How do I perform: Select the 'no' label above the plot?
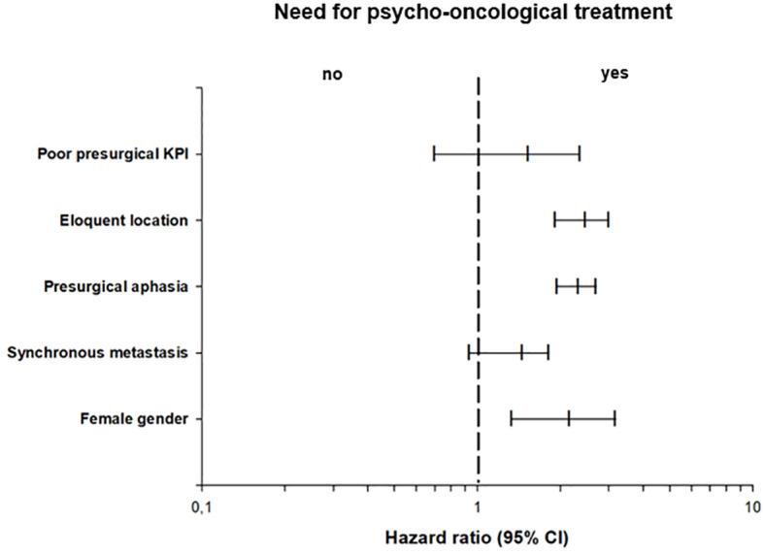333,75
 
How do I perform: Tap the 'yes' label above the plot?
615,74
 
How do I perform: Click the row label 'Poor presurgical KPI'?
113,154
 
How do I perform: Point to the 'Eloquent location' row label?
123,220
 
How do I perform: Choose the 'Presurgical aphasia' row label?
116,286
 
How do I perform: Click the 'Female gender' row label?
135,418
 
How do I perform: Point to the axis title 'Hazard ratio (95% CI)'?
478,537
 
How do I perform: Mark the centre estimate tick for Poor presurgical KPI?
527,154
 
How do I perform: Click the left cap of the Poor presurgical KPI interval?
434,154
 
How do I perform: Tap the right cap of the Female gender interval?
615,418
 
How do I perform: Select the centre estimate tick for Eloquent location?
584,220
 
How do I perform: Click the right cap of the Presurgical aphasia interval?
595,286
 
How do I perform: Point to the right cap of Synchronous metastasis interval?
548,352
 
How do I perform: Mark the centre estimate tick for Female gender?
569,418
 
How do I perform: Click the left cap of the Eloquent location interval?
554,220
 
